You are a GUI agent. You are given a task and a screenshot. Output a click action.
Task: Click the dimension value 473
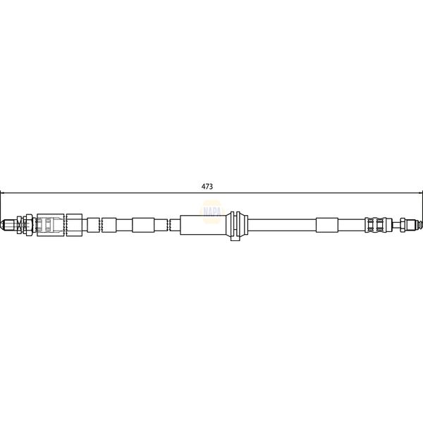[x=207, y=186]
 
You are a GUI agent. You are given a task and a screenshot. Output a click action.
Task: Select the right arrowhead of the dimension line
[x=419, y=191]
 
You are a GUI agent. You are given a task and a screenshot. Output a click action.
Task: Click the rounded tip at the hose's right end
[x=418, y=225]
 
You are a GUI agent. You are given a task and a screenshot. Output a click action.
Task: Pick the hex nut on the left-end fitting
[x=26, y=225]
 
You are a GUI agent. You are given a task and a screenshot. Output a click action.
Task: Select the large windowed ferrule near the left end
[x=51, y=225]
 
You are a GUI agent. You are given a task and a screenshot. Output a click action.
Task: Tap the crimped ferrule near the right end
[x=376, y=225]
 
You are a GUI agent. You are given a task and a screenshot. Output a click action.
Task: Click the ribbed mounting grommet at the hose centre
[x=236, y=225]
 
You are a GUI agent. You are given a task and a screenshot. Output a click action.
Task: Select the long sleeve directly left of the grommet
[x=203, y=225]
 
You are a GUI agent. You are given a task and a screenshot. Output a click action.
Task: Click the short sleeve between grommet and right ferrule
[x=327, y=225]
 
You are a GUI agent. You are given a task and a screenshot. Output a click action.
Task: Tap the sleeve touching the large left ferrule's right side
[x=75, y=225]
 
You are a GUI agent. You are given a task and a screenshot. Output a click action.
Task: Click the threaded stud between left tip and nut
[x=16, y=225]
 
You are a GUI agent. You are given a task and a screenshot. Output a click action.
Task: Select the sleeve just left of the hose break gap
[x=143, y=225]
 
